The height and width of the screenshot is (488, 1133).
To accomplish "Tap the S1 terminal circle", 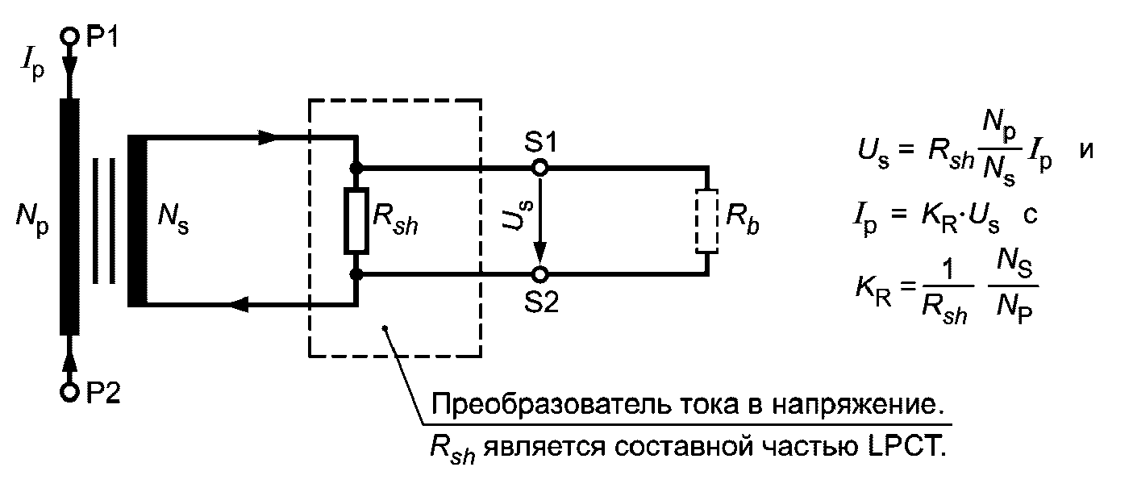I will [x=540, y=168].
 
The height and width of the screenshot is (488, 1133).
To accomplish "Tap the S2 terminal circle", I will [x=540, y=274].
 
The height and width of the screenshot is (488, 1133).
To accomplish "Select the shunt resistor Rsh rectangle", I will [x=356, y=221].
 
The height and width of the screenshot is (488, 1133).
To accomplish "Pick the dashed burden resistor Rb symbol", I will [x=706, y=221].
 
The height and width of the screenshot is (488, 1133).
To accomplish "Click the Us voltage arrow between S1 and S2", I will [x=541, y=221].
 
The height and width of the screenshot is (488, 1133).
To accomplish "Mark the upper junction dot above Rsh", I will [x=356, y=168].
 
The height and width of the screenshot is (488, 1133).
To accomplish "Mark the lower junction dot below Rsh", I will [x=356, y=274].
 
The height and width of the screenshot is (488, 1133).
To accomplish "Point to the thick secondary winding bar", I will [x=137, y=221].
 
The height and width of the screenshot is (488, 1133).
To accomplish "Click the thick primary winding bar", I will [x=70, y=215].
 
